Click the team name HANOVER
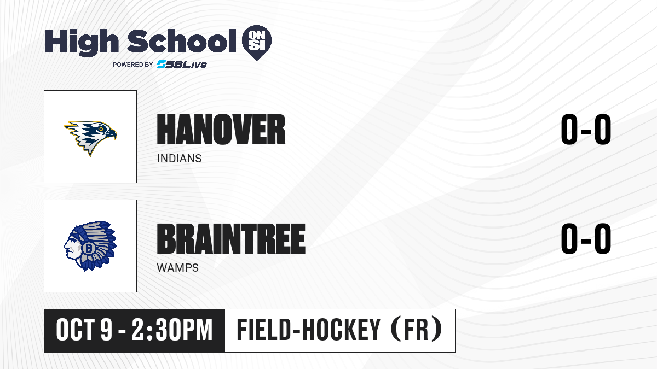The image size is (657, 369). (221, 130)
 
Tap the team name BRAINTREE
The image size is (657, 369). (231, 239)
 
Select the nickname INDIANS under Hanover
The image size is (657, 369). (179, 159)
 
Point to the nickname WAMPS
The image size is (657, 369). (178, 268)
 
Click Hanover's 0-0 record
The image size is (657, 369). (586, 130)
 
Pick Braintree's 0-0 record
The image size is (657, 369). (586, 239)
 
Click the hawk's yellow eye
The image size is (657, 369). (101, 129)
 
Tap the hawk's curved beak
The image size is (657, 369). (112, 134)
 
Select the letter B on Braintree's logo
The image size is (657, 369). (88, 248)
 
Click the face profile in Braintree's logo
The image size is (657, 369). (72, 247)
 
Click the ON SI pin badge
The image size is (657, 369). (257, 43)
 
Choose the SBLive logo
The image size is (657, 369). (182, 65)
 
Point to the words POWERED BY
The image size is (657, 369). (133, 65)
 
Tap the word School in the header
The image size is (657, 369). (182, 41)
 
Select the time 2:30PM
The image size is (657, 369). (172, 330)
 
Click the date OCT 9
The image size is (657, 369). (84, 330)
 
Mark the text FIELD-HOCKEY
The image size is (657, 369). (309, 330)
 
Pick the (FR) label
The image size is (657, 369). (417, 330)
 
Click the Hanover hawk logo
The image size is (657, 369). (90, 138)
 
